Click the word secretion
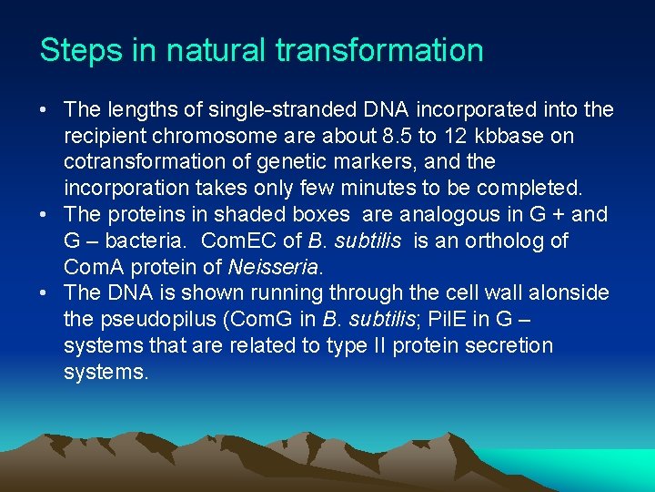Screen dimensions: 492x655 click(x=506, y=346)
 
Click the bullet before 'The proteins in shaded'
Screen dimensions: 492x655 click(x=45, y=215)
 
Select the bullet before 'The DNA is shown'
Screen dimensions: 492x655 click(x=45, y=293)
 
